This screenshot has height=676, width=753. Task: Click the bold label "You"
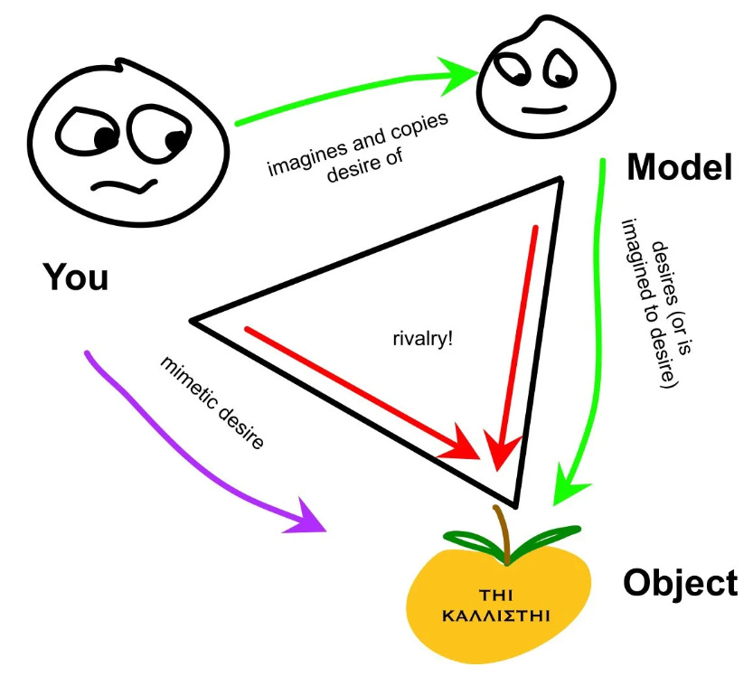76,277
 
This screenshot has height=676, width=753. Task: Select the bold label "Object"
680,583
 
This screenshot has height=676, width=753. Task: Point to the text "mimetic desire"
212,403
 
